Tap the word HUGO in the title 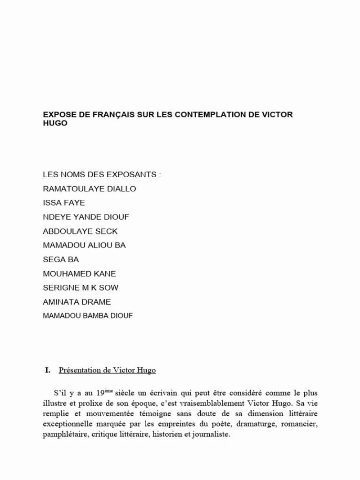tap(55, 123)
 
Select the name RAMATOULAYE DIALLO tap(89, 188)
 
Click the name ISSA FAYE tap(64, 202)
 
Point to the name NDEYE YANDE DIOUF tap(86, 217)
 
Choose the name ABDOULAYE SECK tap(80, 231)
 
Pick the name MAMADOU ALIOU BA tap(84, 245)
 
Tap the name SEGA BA tap(61, 260)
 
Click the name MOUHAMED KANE tap(79, 274)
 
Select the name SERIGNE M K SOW tap(81, 287)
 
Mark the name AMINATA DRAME tap(76, 302)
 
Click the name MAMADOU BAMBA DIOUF tap(88, 316)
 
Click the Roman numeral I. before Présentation tap(47, 370)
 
